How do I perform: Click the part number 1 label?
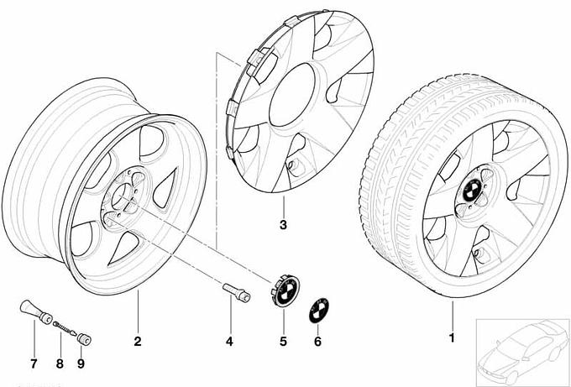pyautogui.click(x=452, y=338)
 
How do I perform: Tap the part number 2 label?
pyautogui.click(x=138, y=342)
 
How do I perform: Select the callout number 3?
pyautogui.click(x=283, y=226)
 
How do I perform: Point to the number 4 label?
pyautogui.click(x=229, y=342)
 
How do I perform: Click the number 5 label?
pyautogui.click(x=283, y=342)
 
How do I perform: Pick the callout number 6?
pyautogui.click(x=317, y=342)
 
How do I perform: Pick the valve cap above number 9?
pyautogui.click(x=85, y=337)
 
